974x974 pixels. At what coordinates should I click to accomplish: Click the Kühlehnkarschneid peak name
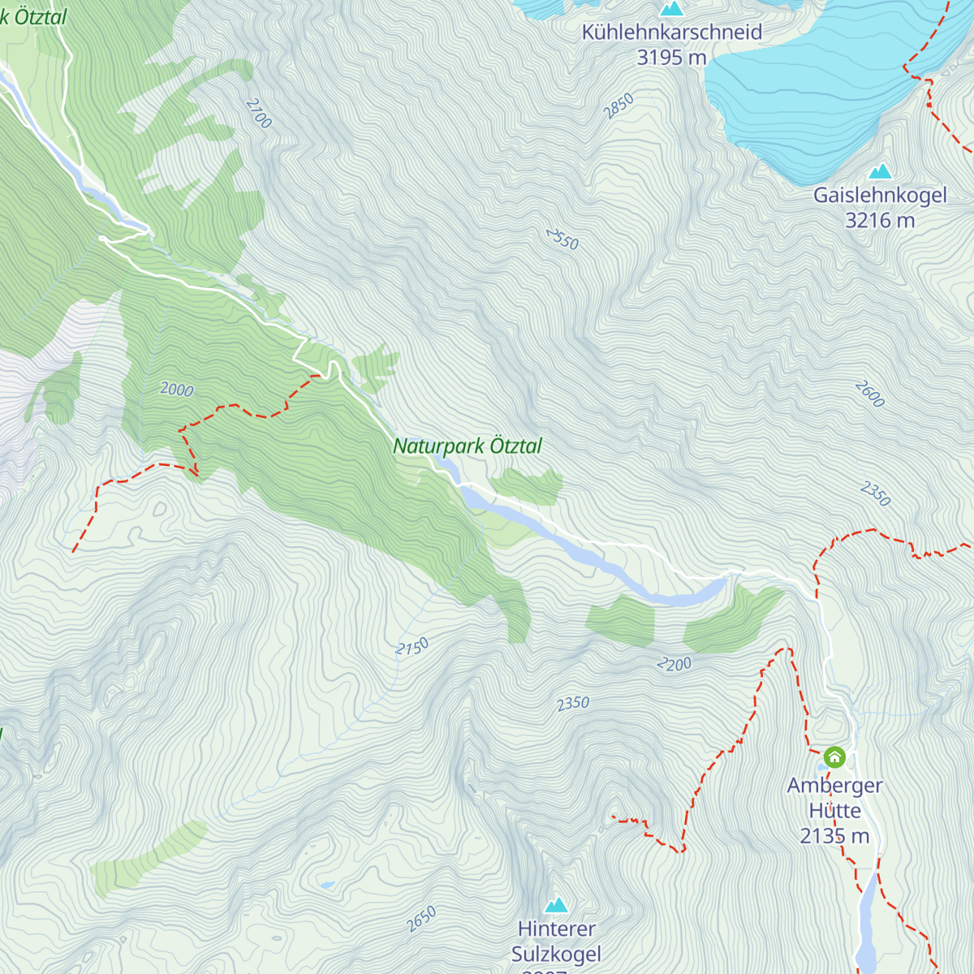pyautogui.click(x=672, y=32)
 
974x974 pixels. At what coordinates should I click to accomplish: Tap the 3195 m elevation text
pyautogui.click(x=672, y=58)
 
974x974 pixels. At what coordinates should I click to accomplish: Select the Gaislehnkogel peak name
pyautogui.click(x=880, y=196)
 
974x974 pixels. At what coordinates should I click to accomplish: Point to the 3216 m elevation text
pyautogui.click(x=880, y=220)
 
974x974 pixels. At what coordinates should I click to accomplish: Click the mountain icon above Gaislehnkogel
pyautogui.click(x=880, y=172)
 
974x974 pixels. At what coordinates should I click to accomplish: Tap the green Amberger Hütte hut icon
pyautogui.click(x=834, y=757)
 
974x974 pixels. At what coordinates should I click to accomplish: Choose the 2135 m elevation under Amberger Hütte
pyautogui.click(x=834, y=836)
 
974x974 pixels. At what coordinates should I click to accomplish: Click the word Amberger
pyautogui.click(x=834, y=786)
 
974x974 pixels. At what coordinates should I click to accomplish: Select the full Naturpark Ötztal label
pyautogui.click(x=468, y=446)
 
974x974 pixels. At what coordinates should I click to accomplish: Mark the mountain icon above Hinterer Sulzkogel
pyautogui.click(x=556, y=905)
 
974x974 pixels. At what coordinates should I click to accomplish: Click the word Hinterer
pyautogui.click(x=556, y=929)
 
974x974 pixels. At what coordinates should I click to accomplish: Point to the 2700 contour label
pyautogui.click(x=258, y=114)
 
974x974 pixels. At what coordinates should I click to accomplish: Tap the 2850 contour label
pyautogui.click(x=618, y=106)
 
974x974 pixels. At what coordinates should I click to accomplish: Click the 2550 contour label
pyautogui.click(x=562, y=239)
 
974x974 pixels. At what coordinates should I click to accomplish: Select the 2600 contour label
pyautogui.click(x=869, y=394)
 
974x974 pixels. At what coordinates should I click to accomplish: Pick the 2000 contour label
pyautogui.click(x=176, y=390)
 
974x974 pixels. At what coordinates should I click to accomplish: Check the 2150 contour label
pyautogui.click(x=412, y=647)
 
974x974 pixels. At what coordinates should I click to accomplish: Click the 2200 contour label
pyautogui.click(x=674, y=665)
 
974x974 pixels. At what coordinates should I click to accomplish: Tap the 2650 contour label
pyautogui.click(x=421, y=919)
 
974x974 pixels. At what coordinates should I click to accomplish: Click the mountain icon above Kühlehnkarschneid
pyautogui.click(x=671, y=9)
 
